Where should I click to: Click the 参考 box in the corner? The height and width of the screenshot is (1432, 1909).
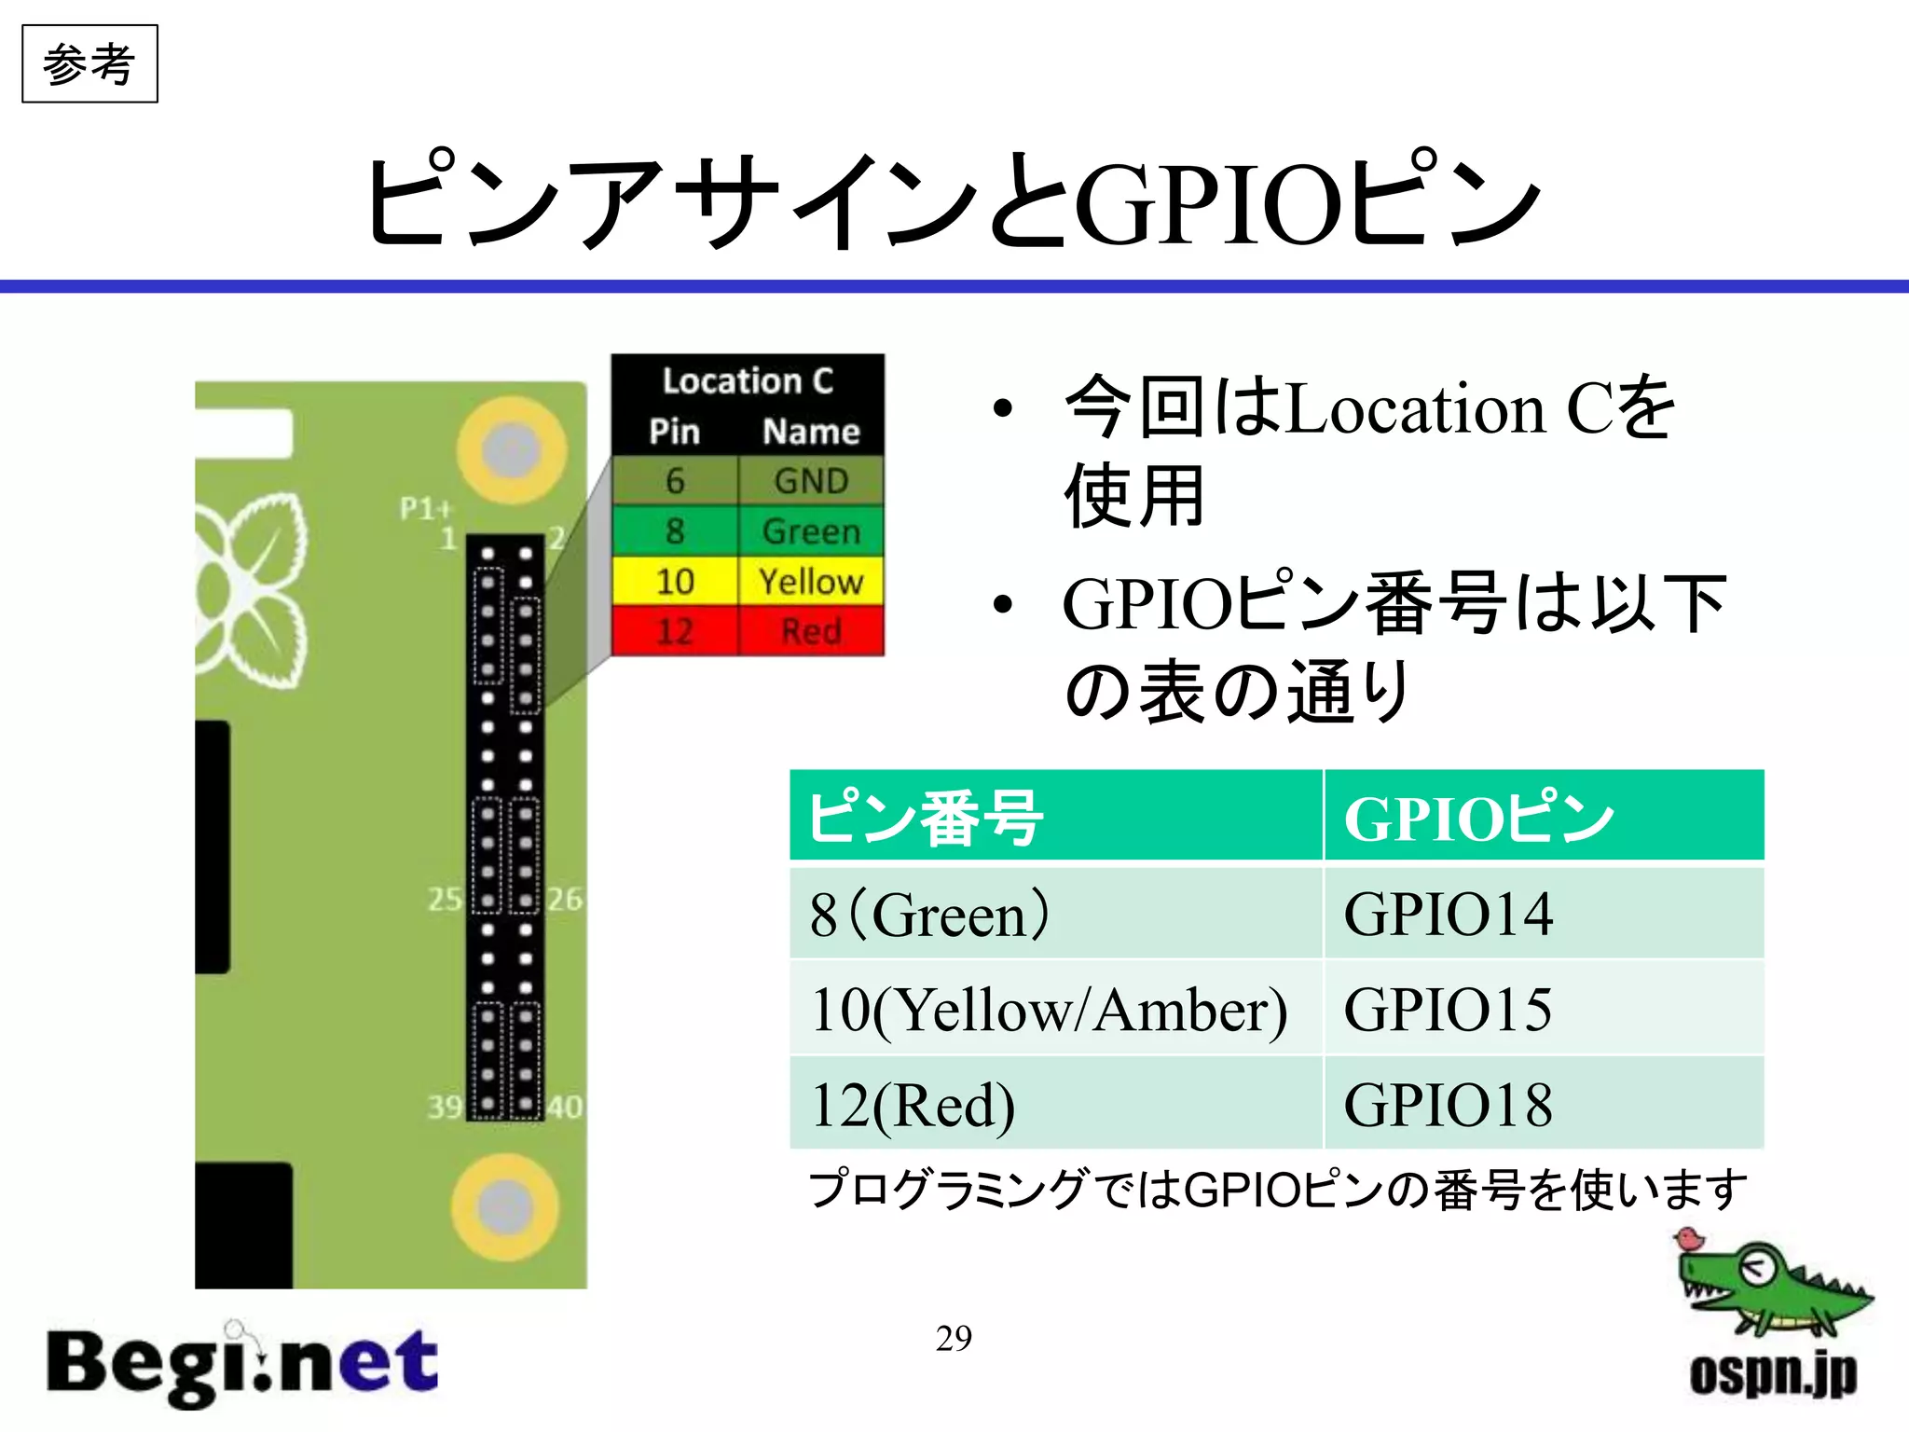(89, 64)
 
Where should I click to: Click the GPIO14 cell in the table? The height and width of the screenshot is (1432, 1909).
(1543, 913)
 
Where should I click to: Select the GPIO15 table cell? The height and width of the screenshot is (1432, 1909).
(1543, 1009)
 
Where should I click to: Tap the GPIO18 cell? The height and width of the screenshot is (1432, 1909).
(1543, 1104)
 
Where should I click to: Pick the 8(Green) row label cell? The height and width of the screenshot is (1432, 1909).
(1055, 913)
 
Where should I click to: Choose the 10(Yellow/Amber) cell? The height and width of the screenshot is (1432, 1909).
(1055, 1009)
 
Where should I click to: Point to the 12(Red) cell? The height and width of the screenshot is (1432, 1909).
(1055, 1104)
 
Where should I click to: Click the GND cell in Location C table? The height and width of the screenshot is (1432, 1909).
(811, 481)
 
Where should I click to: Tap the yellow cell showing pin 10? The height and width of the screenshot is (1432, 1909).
(675, 582)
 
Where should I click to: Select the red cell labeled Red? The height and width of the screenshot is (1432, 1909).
(811, 631)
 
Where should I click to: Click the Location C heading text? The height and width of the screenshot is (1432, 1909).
(748, 381)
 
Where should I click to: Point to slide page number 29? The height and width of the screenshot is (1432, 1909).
(954, 1338)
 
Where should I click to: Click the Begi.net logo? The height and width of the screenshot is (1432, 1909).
(242, 1366)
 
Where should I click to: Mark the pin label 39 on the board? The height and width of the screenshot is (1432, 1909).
(445, 1108)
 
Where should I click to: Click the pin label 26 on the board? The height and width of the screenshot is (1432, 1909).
(565, 900)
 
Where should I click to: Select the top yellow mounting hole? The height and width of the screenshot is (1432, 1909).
(511, 450)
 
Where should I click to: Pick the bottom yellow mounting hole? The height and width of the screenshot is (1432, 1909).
(505, 1206)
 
